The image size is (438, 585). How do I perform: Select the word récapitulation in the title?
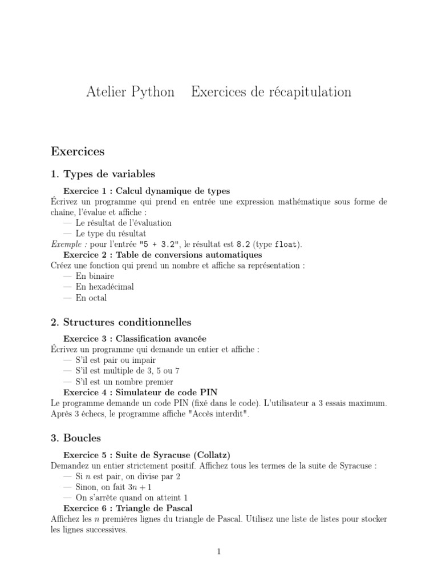click(x=307, y=92)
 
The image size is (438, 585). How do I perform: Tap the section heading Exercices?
click(x=78, y=151)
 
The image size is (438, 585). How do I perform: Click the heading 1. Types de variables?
click(x=103, y=174)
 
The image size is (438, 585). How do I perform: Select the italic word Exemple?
click(x=66, y=244)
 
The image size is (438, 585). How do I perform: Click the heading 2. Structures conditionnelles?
click(x=121, y=323)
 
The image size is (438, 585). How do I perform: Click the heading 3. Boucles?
click(x=76, y=438)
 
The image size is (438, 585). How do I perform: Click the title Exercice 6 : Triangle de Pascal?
click(x=128, y=508)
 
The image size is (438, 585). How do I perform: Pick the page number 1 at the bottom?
click(x=219, y=551)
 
